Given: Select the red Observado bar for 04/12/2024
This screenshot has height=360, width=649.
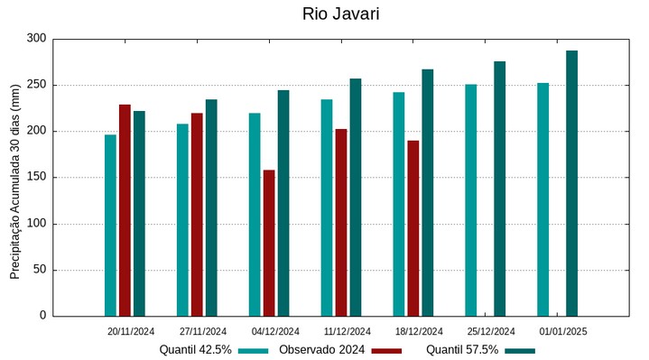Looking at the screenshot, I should point(269,243).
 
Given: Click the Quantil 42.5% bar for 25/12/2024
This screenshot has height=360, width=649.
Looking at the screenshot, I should point(471,200).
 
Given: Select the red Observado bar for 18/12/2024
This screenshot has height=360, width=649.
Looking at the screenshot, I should point(413,228).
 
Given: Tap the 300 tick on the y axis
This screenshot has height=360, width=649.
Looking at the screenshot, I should point(36,39).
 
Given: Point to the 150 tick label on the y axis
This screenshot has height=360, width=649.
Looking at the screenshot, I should point(36,178).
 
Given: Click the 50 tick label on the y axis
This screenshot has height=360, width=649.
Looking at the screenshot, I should point(39,270).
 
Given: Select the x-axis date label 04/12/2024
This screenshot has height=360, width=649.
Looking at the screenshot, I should point(275,331).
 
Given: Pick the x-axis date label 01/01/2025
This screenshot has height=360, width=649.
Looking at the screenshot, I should point(563,331).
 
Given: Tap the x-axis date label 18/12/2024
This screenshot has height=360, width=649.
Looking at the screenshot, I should point(419,331).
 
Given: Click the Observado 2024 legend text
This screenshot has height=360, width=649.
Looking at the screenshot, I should point(321,350).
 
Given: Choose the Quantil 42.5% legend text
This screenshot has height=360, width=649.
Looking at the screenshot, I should point(196,350).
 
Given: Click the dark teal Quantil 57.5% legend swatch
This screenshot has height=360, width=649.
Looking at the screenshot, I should point(520,350).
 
